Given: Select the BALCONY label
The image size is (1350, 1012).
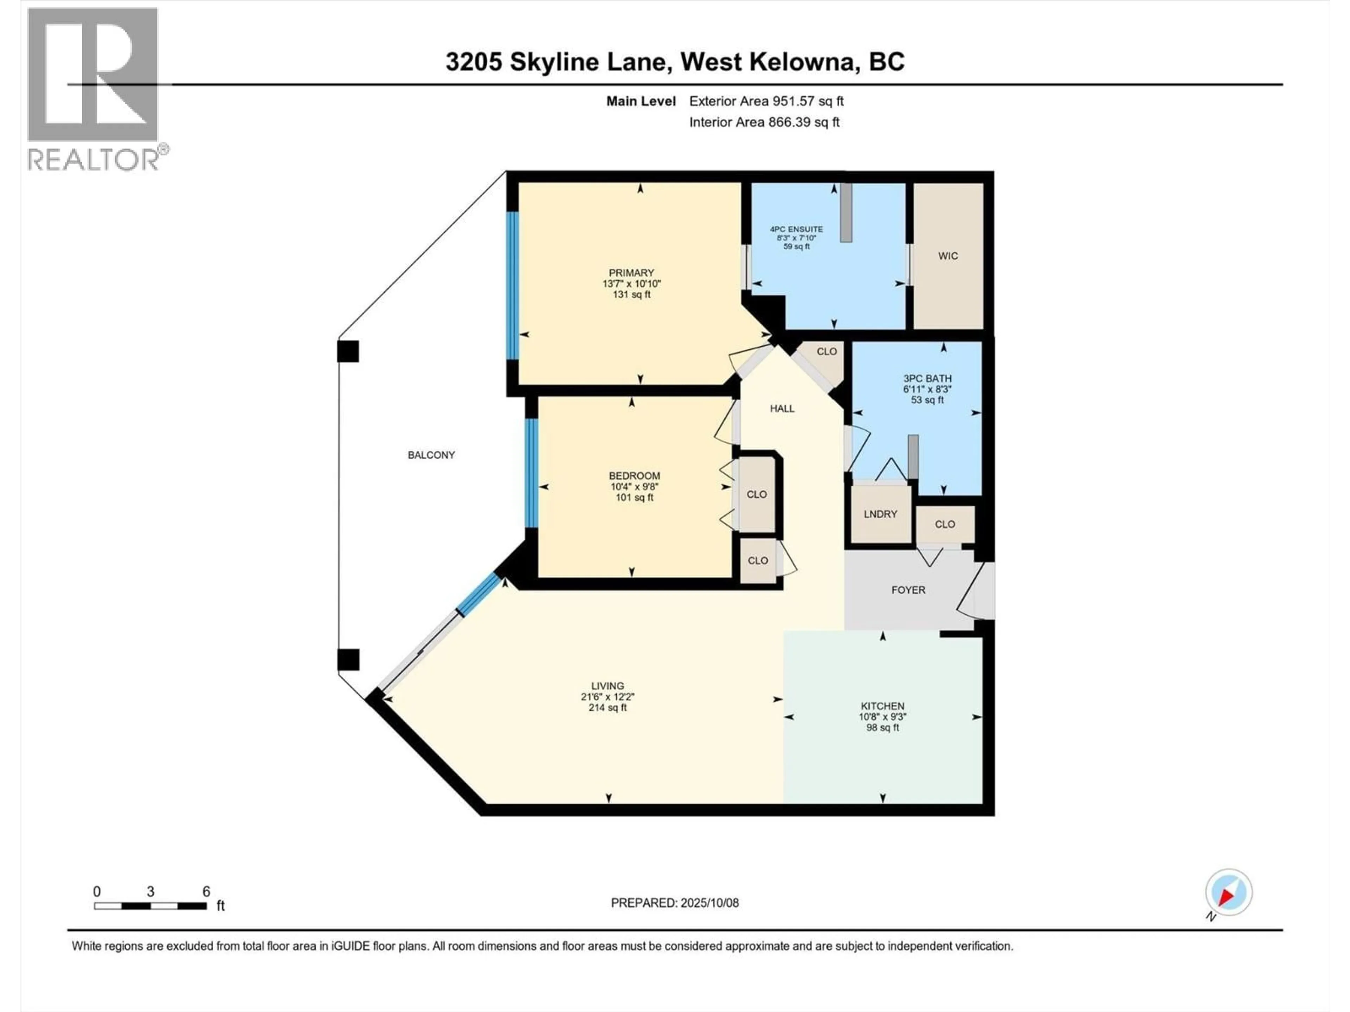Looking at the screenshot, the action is [431, 455].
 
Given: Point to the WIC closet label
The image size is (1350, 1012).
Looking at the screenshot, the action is [948, 256].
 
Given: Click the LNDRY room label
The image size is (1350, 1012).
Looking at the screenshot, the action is [880, 514].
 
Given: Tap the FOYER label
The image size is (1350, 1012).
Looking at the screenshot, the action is [908, 590].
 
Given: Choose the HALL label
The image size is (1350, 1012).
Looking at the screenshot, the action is [782, 409].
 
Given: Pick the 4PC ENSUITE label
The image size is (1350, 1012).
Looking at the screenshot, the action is [796, 229].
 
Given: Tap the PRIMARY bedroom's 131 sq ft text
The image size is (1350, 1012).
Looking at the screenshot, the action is [632, 294].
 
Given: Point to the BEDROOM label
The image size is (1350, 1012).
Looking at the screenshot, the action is [634, 476].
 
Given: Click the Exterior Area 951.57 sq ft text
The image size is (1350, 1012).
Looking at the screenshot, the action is [766, 101].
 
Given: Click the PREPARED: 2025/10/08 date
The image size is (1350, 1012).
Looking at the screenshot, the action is [674, 903].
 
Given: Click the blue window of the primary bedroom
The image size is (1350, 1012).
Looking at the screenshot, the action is [513, 285].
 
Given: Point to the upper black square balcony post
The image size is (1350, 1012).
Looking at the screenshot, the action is [348, 351].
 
